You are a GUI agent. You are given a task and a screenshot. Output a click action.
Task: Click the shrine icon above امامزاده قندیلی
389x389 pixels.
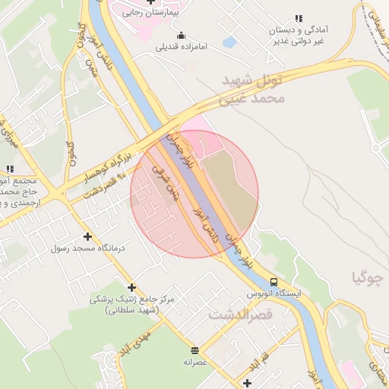(181, 35)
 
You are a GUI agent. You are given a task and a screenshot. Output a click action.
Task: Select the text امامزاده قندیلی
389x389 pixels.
(182, 46)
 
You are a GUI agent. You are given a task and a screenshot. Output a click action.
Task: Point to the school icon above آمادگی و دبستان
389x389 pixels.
(298, 18)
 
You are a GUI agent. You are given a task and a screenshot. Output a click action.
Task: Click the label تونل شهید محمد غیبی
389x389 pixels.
(253, 88)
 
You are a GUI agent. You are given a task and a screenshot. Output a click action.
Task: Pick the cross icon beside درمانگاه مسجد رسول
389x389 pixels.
(87, 237)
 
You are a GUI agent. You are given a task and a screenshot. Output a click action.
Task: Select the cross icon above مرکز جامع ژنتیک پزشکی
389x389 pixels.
(132, 287)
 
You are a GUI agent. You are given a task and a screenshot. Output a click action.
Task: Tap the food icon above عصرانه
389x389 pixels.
(195, 350)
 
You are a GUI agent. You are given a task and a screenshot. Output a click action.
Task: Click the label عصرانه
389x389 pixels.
(195, 362)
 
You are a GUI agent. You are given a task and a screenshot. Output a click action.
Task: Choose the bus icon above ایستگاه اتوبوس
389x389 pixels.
(274, 281)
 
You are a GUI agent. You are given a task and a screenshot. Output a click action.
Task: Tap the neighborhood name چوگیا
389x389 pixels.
(367, 277)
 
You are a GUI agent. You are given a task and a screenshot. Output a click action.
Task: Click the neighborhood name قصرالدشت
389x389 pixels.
(239, 314)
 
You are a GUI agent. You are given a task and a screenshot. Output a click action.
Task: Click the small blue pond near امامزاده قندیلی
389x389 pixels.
(229, 42)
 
